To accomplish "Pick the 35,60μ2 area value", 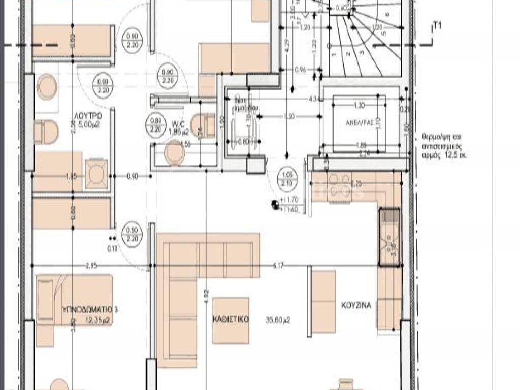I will point(278,320).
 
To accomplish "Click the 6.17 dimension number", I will point(278,265).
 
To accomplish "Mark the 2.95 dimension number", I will point(91,265).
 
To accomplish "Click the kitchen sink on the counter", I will point(389,237).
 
